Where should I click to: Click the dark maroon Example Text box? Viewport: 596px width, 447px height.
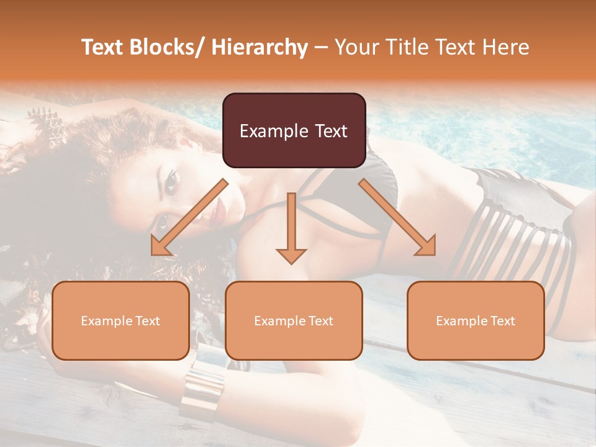tap(294, 130)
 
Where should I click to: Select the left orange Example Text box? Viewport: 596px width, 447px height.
tap(120, 320)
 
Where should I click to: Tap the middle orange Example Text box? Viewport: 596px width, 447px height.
tap(294, 320)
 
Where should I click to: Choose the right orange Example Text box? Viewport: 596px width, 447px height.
tap(476, 320)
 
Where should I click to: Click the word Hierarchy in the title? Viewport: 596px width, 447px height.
tap(260, 48)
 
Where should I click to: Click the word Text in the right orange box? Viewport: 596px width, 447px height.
tap(502, 321)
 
